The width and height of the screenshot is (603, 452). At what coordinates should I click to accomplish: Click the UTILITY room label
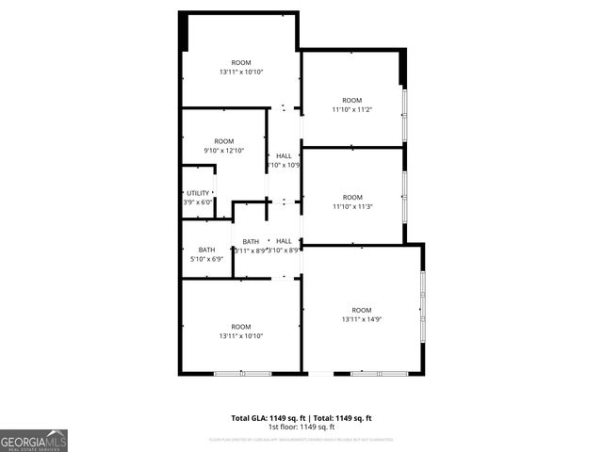(x=198, y=192)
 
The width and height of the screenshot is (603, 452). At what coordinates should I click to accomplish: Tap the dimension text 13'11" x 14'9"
(x=362, y=319)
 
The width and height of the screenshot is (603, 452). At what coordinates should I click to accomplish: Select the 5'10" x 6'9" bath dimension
(x=206, y=258)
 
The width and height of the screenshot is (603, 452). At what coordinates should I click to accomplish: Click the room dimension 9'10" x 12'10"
(x=223, y=150)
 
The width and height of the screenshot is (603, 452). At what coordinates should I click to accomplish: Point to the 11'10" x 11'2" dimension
(x=351, y=109)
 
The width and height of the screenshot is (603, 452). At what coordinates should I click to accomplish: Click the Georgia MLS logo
(x=34, y=440)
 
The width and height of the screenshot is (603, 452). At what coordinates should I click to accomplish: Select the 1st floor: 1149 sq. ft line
(x=301, y=428)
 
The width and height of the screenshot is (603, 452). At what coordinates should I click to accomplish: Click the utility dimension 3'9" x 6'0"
(x=198, y=202)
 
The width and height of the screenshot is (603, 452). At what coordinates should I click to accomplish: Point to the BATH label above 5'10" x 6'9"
(x=206, y=250)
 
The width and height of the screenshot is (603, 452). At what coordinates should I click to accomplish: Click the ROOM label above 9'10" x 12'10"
(x=223, y=141)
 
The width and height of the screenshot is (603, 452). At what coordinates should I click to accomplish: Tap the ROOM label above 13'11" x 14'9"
(x=362, y=310)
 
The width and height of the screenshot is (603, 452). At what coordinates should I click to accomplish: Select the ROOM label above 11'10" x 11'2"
(x=351, y=100)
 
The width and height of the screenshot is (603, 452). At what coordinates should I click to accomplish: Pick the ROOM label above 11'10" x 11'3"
(x=351, y=197)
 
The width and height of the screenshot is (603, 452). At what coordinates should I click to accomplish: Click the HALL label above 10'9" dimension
(x=284, y=156)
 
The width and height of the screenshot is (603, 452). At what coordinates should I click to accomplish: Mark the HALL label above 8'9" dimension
(x=284, y=241)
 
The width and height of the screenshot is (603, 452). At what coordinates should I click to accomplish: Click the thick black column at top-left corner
(x=185, y=31)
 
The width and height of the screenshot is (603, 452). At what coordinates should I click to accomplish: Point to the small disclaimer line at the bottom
(x=301, y=439)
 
